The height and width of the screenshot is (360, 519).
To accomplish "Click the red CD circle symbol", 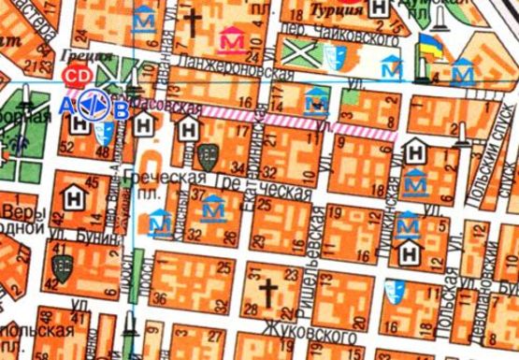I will [71, 74].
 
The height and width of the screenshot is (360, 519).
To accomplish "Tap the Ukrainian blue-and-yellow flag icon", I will [428, 45].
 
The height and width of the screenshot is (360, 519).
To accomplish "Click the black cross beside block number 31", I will [267, 293].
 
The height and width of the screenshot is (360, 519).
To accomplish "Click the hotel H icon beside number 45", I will [72, 196].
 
